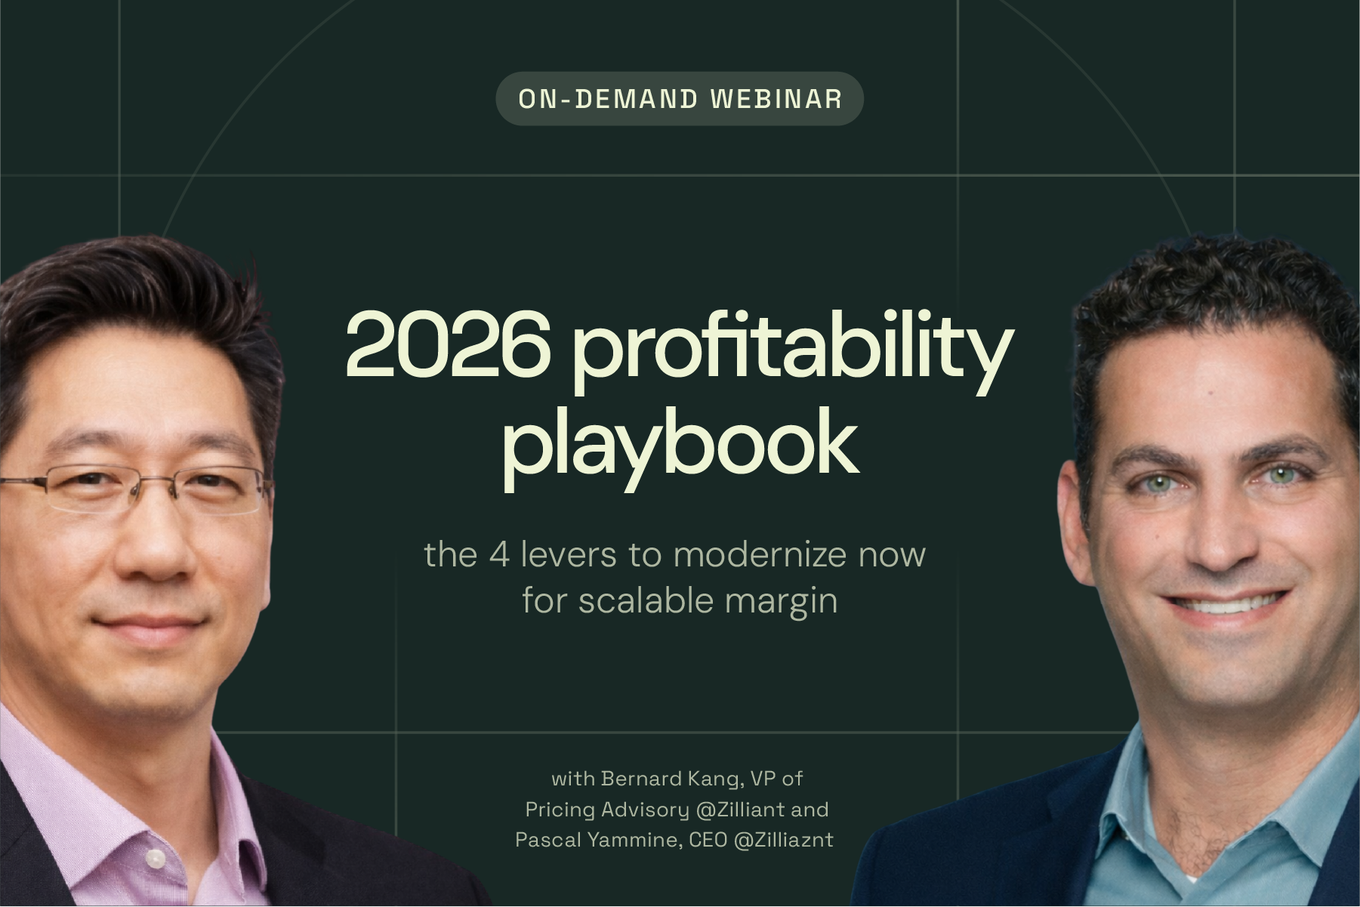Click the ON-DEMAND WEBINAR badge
pos(679,99)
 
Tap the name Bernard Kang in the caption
pos(665,779)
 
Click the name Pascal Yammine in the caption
pos(597,840)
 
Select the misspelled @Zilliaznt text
pos(783,840)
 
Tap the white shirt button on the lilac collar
pos(155,858)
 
